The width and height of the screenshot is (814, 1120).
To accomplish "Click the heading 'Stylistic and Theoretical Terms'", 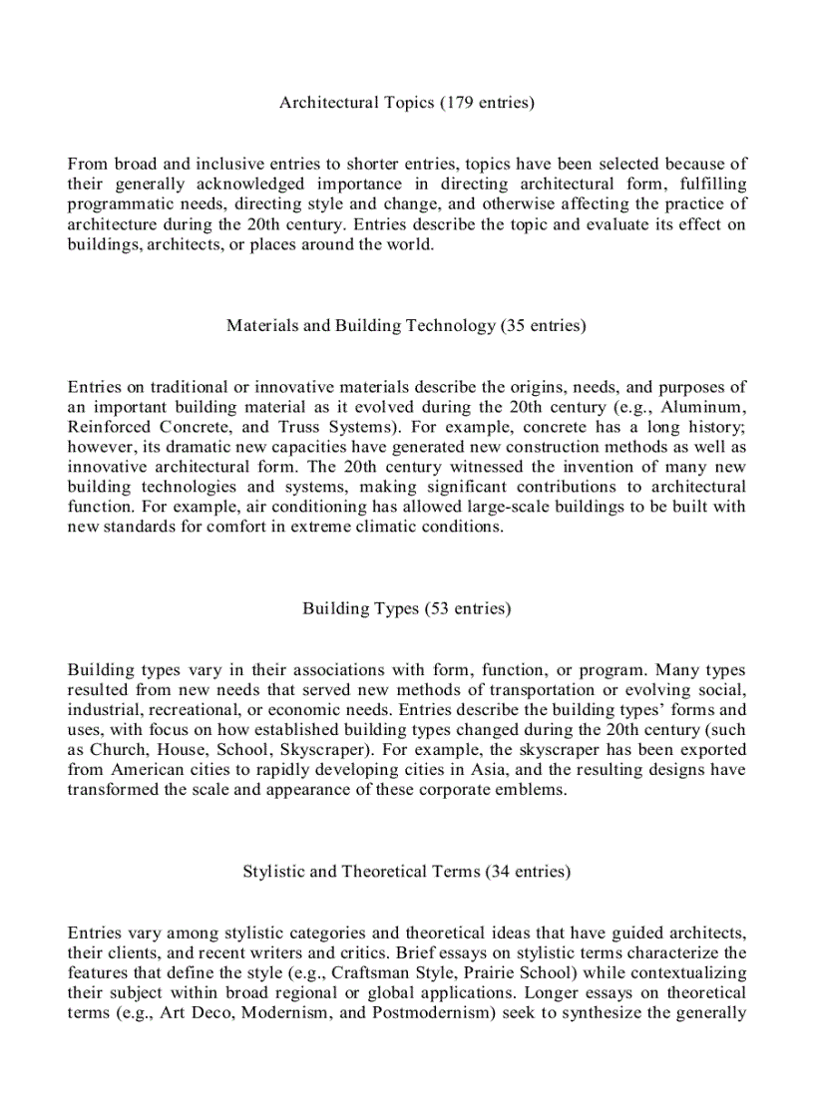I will (361, 872).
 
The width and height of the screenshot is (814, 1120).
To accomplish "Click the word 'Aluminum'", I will (709, 407).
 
